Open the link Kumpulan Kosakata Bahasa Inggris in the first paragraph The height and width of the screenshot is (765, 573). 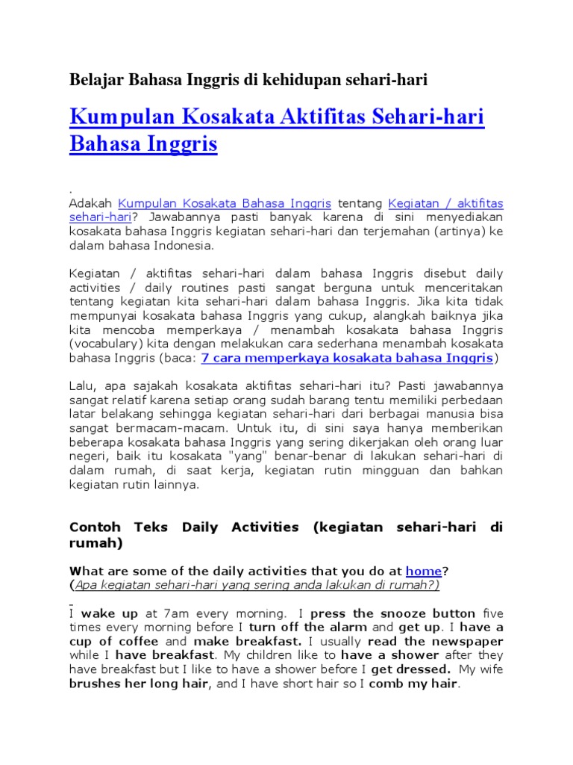coord(225,203)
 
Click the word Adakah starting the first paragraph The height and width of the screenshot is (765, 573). coord(90,203)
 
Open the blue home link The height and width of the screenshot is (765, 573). coord(423,571)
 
